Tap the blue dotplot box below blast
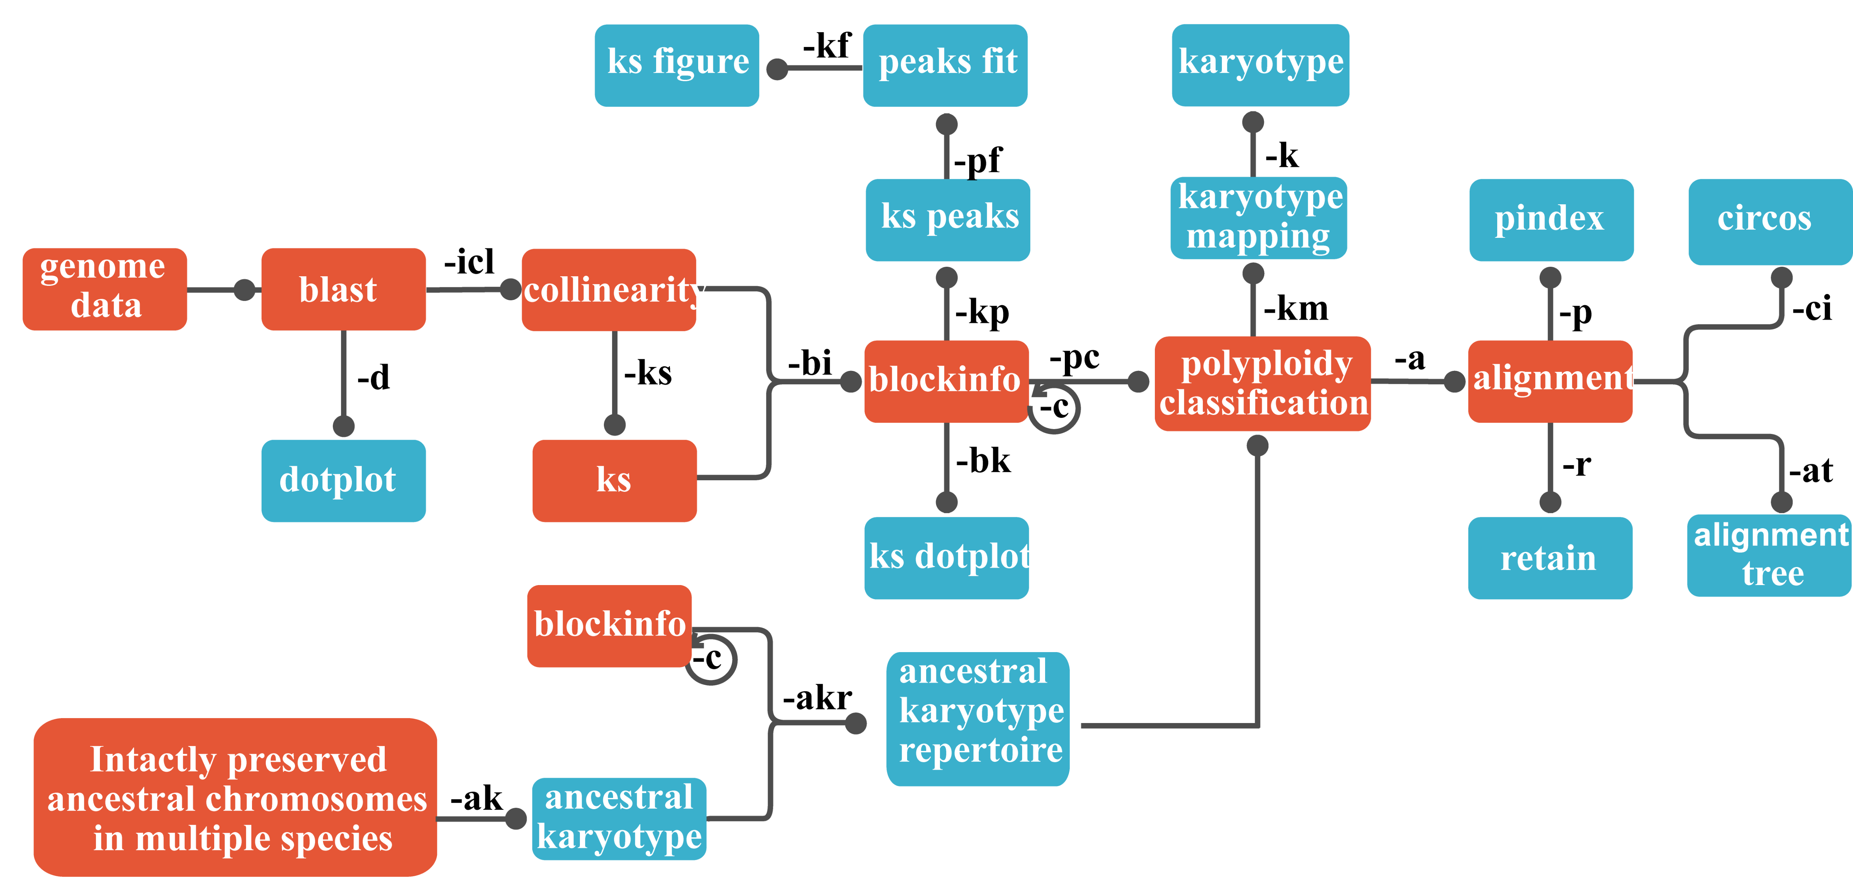[343, 480]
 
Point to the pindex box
[1551, 219]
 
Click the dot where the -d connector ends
[344, 426]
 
